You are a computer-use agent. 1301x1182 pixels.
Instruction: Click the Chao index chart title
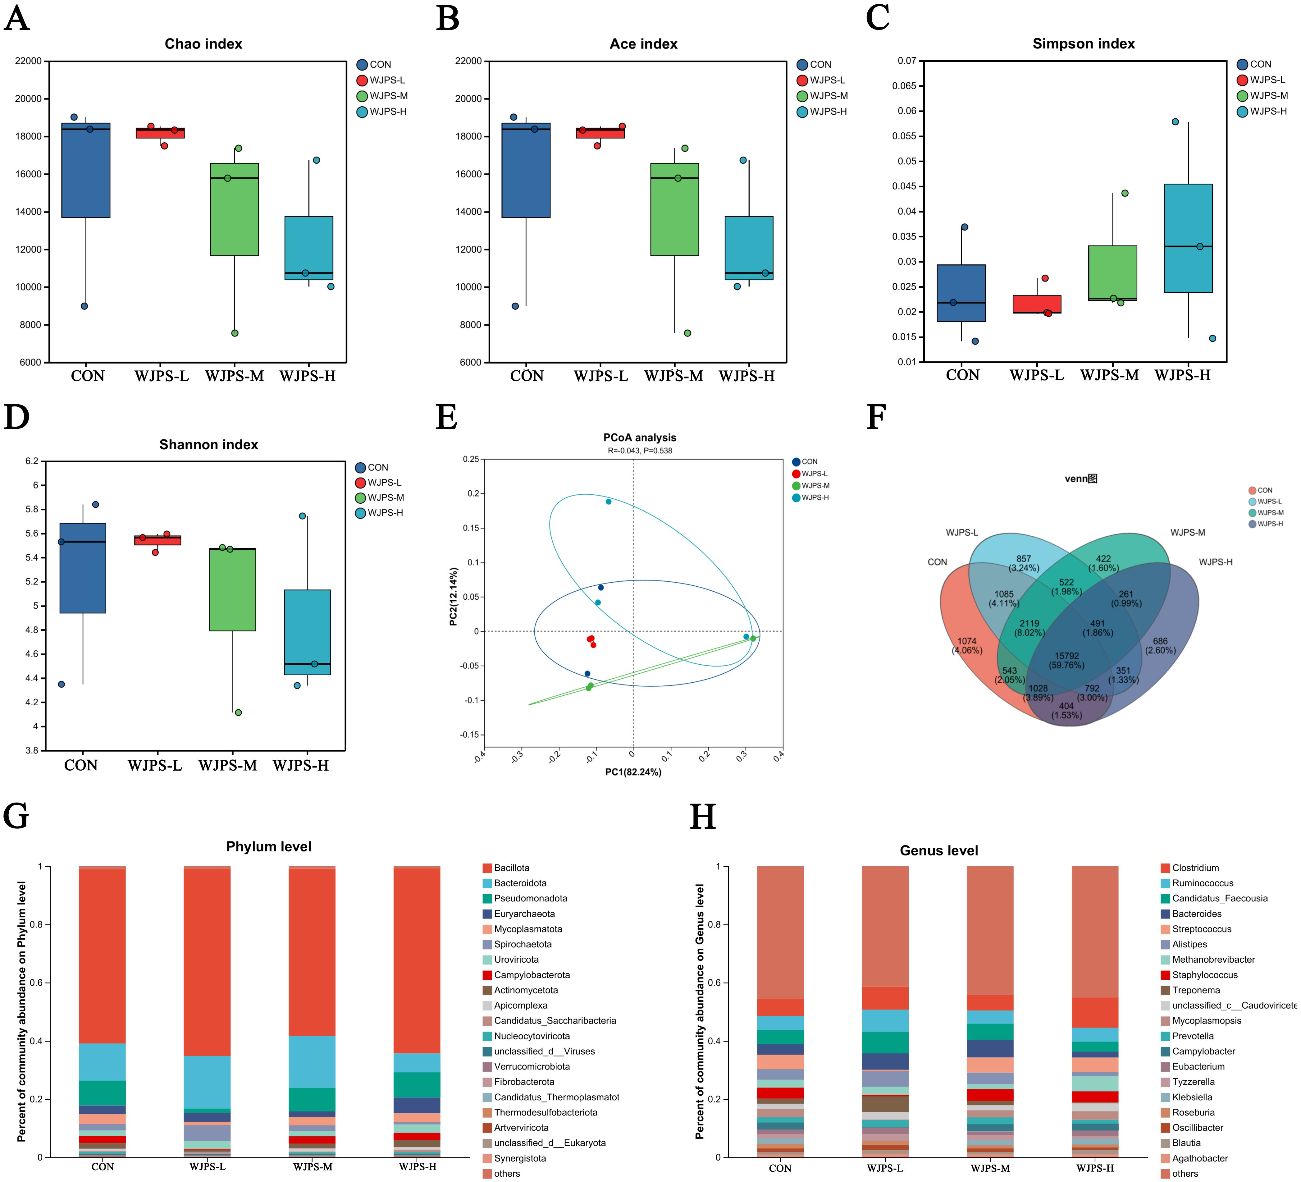[203, 44]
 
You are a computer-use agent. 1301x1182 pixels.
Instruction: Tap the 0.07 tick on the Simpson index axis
[907, 61]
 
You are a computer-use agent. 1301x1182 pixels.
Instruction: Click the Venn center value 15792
[1067, 656]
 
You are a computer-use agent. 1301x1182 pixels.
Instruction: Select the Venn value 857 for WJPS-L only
[1024, 559]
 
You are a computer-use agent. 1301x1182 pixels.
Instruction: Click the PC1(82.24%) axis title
[633, 772]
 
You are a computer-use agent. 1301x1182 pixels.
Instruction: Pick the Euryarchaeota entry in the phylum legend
[524, 914]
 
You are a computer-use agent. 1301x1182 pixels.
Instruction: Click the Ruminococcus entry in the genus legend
[1202, 883]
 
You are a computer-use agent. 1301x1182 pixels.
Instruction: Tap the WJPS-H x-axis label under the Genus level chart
[1095, 1168]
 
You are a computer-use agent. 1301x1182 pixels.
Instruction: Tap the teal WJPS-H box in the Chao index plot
[308, 248]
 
